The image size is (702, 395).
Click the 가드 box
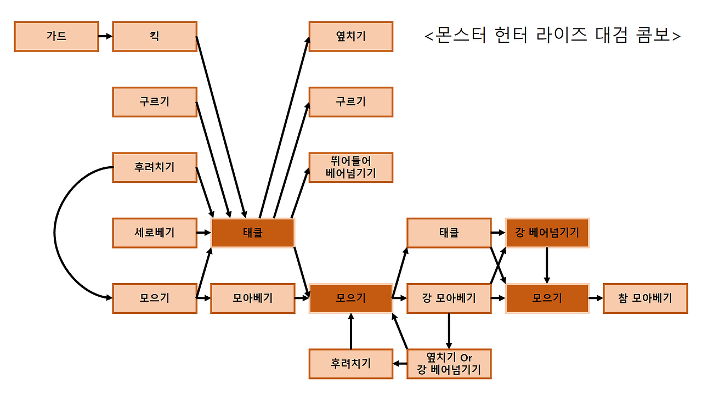[x=56, y=36]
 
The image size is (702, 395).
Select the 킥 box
[x=154, y=36]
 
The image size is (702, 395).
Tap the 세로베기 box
[x=154, y=233]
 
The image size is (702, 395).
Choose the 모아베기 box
[x=252, y=298]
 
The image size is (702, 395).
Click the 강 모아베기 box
[x=449, y=298]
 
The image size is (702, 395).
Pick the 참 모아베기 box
[x=645, y=298]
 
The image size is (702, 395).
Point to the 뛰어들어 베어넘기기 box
[x=350, y=167]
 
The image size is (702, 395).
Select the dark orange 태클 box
[x=252, y=233]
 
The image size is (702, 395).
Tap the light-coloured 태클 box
[x=449, y=233]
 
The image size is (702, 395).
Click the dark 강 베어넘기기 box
[x=547, y=233]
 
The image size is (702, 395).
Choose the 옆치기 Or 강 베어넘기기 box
[x=449, y=364]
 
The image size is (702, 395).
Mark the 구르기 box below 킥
[x=154, y=102]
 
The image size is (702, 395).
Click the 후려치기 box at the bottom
[x=350, y=364]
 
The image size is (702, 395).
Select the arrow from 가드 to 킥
[x=105, y=36]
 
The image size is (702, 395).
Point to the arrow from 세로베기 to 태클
[x=203, y=233]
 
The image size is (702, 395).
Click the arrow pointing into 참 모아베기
[x=596, y=298]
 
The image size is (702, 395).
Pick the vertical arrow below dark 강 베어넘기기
[x=547, y=266]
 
